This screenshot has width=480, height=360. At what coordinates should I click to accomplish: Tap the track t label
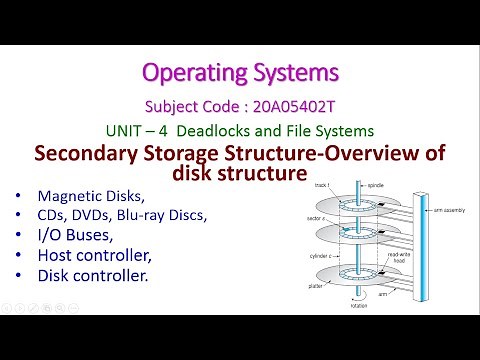pos(321,187)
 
